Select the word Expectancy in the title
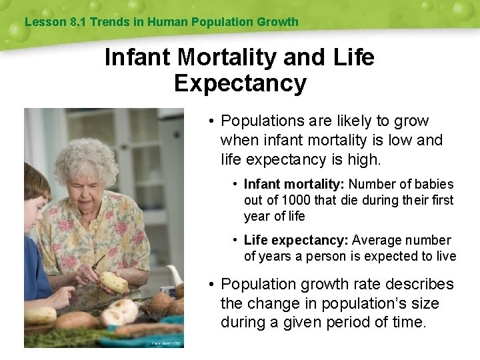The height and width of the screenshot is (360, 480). click(x=240, y=83)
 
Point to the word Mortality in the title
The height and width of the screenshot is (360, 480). click(x=224, y=57)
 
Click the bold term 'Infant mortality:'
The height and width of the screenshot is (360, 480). click(x=295, y=184)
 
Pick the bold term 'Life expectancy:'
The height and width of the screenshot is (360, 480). click(x=296, y=240)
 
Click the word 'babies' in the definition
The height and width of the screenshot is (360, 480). click(x=434, y=184)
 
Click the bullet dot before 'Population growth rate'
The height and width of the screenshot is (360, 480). click(x=210, y=285)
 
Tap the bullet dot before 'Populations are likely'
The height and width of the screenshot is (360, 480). click(x=210, y=121)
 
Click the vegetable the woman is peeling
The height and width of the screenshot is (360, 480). click(x=113, y=282)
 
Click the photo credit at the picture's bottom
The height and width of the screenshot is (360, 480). click(x=166, y=343)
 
